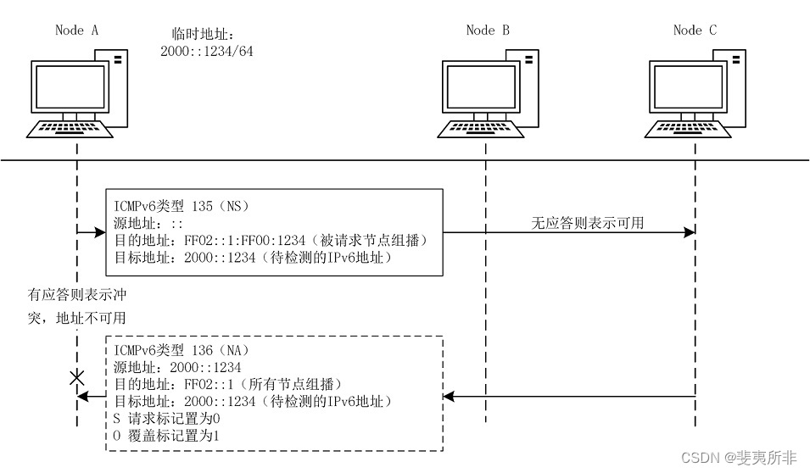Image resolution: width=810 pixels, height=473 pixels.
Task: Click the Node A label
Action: click(x=76, y=30)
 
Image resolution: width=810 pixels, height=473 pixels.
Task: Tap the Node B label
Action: click(x=488, y=30)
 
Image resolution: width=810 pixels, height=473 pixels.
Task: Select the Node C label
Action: click(x=695, y=30)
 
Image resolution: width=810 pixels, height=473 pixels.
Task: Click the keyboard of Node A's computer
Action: click(x=71, y=129)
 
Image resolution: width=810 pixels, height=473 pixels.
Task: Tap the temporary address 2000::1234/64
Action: click(x=207, y=52)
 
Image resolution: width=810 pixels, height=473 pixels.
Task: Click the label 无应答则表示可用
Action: click(x=587, y=224)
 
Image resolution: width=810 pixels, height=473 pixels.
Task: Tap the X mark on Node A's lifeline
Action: click(x=77, y=378)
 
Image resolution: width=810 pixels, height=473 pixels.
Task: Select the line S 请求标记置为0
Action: click(x=167, y=418)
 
